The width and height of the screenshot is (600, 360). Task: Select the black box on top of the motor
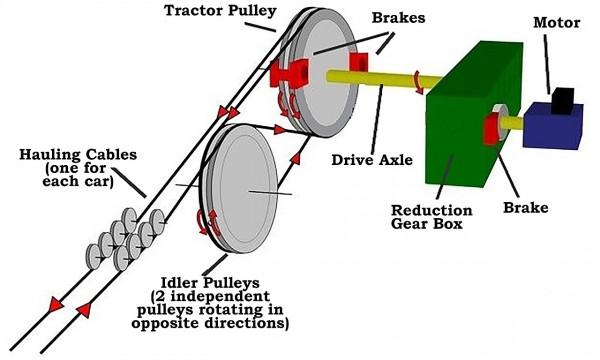pos(562,100)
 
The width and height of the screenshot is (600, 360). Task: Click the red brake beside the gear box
pos(491,130)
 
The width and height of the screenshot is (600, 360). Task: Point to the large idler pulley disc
pos(239,188)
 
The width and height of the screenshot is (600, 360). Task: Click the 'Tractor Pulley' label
pos(220,10)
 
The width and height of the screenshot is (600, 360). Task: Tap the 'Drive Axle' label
pos(372,160)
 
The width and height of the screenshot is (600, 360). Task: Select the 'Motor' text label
pos(557,23)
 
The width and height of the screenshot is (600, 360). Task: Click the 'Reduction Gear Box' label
pos(432,217)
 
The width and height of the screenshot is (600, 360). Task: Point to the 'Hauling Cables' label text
pos(78,155)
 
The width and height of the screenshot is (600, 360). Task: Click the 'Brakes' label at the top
pos(398,18)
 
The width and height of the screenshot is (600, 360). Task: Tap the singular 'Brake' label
pos(525,208)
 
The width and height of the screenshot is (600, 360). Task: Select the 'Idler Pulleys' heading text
pos(210,283)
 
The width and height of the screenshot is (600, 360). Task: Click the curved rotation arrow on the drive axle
pos(418,82)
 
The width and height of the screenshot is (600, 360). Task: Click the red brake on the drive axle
pos(359,63)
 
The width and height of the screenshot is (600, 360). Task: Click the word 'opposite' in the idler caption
pos(166,323)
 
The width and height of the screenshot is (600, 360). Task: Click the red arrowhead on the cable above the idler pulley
pos(280,130)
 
